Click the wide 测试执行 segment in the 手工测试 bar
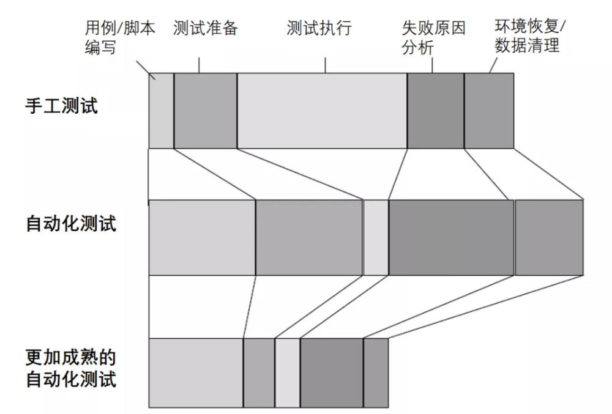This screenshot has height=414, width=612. [x=322, y=111]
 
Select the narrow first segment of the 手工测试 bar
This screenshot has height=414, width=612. [x=162, y=111]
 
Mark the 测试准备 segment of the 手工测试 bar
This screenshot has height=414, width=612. [x=206, y=111]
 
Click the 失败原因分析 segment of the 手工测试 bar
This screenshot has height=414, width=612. [x=436, y=111]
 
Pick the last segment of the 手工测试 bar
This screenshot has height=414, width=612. [x=489, y=111]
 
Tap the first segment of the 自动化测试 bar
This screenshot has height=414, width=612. [x=202, y=237]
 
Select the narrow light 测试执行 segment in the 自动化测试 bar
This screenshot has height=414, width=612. [x=376, y=237]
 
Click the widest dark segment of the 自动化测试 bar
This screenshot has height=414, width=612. [x=451, y=237]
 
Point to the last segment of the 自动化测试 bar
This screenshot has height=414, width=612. [x=549, y=237]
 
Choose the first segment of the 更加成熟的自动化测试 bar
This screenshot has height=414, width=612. [x=196, y=372]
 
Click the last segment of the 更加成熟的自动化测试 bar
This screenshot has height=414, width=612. [x=376, y=372]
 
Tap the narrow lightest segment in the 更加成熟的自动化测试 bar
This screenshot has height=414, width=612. [x=288, y=372]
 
